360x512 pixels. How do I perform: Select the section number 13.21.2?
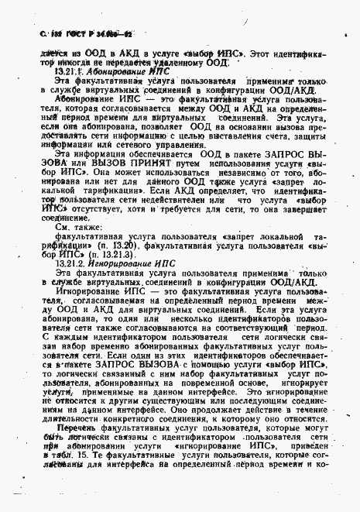coord(71,263)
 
